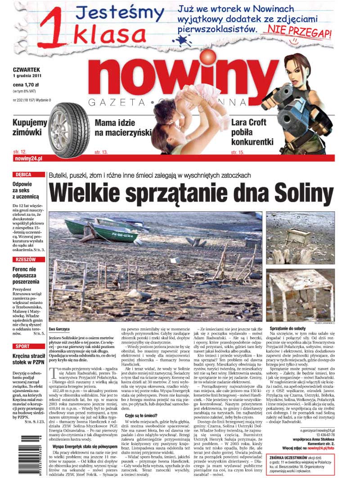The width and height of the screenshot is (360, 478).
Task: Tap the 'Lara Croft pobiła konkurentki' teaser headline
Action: click(x=252, y=132)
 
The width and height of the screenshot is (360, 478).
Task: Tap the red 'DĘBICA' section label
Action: click(x=23, y=174)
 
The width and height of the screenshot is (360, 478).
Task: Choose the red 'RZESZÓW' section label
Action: click(x=26, y=259)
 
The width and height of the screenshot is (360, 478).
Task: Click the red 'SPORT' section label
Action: click(x=22, y=346)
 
